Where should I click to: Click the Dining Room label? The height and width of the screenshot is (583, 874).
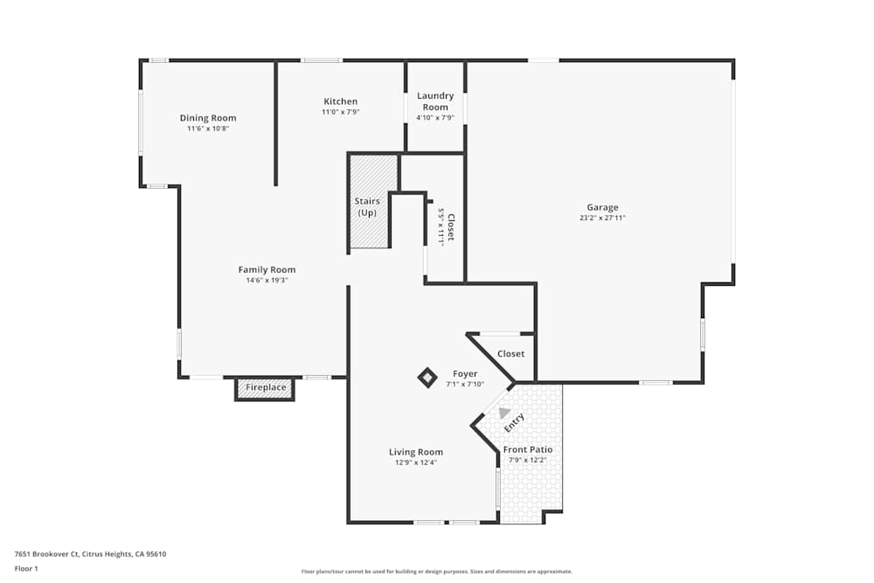point(208,118)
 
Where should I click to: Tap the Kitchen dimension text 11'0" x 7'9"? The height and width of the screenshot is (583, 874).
point(340,112)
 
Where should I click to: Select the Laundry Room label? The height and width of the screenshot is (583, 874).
point(434,101)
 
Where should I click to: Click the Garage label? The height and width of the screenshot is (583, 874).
point(602,207)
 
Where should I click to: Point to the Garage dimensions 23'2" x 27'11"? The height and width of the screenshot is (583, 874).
point(602,218)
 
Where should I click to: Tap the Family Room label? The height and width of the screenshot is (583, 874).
point(267,269)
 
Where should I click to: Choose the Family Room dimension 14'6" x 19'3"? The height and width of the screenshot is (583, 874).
point(267,281)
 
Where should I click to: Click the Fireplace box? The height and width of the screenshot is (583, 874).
point(265,387)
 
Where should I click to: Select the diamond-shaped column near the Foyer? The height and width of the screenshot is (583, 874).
point(427,378)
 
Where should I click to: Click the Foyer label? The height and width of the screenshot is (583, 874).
point(465,373)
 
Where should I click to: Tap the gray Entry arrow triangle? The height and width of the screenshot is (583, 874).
point(503,413)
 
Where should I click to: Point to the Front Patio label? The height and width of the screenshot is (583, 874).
point(528,449)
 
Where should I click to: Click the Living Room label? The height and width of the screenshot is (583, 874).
point(415,452)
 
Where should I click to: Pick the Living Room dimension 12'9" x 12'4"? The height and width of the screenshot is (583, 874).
point(415,462)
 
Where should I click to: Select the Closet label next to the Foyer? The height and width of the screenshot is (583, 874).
point(510,353)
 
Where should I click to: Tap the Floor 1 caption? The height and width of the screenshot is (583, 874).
point(26,568)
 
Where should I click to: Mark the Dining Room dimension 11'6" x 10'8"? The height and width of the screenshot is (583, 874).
point(208,128)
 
